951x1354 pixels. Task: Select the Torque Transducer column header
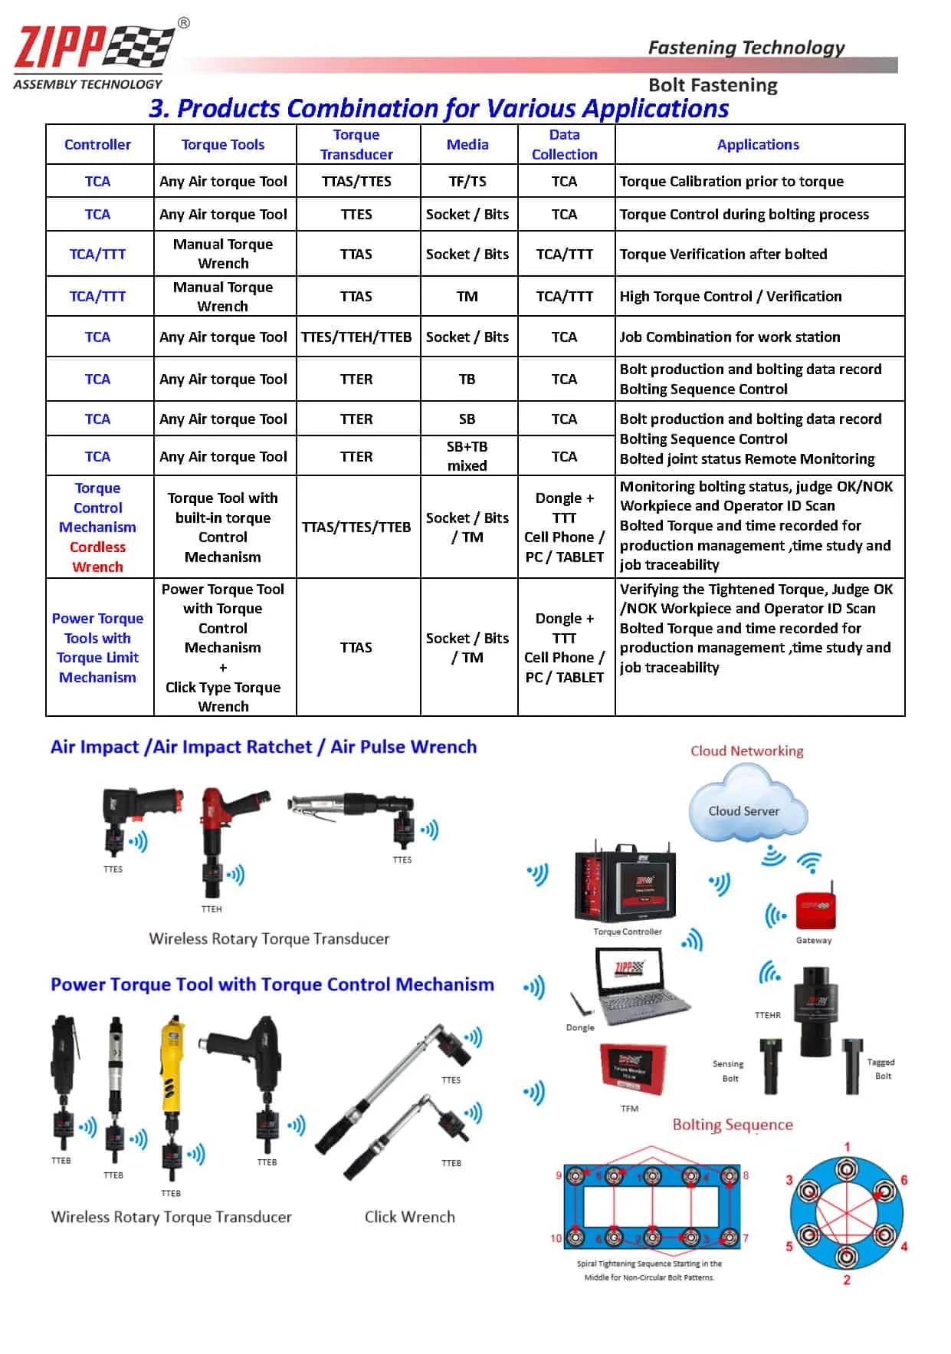click(356, 144)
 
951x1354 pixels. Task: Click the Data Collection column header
click(564, 144)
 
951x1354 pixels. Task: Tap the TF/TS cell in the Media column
click(467, 181)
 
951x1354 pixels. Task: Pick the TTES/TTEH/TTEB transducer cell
click(356, 337)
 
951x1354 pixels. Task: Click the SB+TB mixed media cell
click(467, 456)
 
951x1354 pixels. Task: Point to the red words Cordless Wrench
click(97, 557)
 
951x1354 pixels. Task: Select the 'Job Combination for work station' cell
click(730, 337)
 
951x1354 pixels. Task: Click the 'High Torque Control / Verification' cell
click(730, 296)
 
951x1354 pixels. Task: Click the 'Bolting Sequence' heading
click(732, 1125)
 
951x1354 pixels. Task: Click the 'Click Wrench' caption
click(409, 1217)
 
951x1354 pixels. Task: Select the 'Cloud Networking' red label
click(746, 751)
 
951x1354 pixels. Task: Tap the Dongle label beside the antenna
click(580, 1027)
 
